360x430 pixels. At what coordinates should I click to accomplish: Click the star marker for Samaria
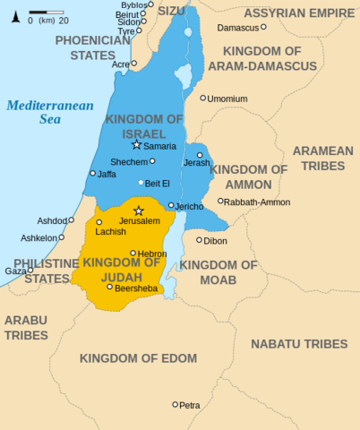(x=136, y=144)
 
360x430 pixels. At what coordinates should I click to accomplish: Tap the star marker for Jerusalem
(x=138, y=211)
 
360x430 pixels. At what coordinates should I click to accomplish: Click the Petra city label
(x=190, y=405)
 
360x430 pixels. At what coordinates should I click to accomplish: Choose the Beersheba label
(x=136, y=288)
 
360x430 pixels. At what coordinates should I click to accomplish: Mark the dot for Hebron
(x=133, y=254)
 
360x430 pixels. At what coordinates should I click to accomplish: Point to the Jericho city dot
(x=171, y=205)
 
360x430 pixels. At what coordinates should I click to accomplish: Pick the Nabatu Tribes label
(x=298, y=344)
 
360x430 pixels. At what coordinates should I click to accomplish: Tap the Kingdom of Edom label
(x=137, y=358)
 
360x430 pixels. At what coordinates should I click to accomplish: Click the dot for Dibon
(x=199, y=240)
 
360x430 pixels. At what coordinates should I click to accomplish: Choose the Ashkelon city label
(x=39, y=237)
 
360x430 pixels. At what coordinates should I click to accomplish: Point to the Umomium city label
(x=227, y=99)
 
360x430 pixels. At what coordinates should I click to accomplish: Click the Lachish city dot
(x=99, y=222)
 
